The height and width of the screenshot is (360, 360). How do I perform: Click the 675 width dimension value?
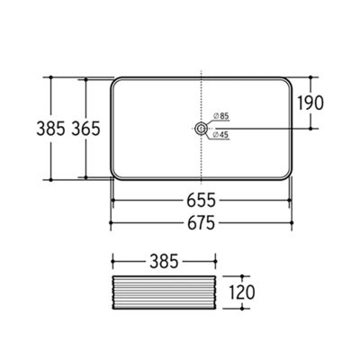tap(201, 223)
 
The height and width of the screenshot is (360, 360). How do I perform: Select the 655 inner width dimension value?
tap(201, 200)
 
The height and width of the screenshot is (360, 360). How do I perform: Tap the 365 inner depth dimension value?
tap(85, 129)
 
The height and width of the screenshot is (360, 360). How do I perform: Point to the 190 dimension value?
tap(310, 103)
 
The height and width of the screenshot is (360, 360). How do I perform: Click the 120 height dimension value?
tap(242, 292)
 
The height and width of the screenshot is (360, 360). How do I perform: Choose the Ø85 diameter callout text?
tap(221, 116)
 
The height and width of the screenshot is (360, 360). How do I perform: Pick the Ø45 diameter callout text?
tap(220, 135)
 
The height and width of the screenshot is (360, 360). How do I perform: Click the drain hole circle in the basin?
tap(201, 129)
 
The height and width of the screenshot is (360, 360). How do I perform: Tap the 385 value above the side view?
tap(164, 261)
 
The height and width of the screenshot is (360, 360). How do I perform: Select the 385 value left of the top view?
tap(50, 129)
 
